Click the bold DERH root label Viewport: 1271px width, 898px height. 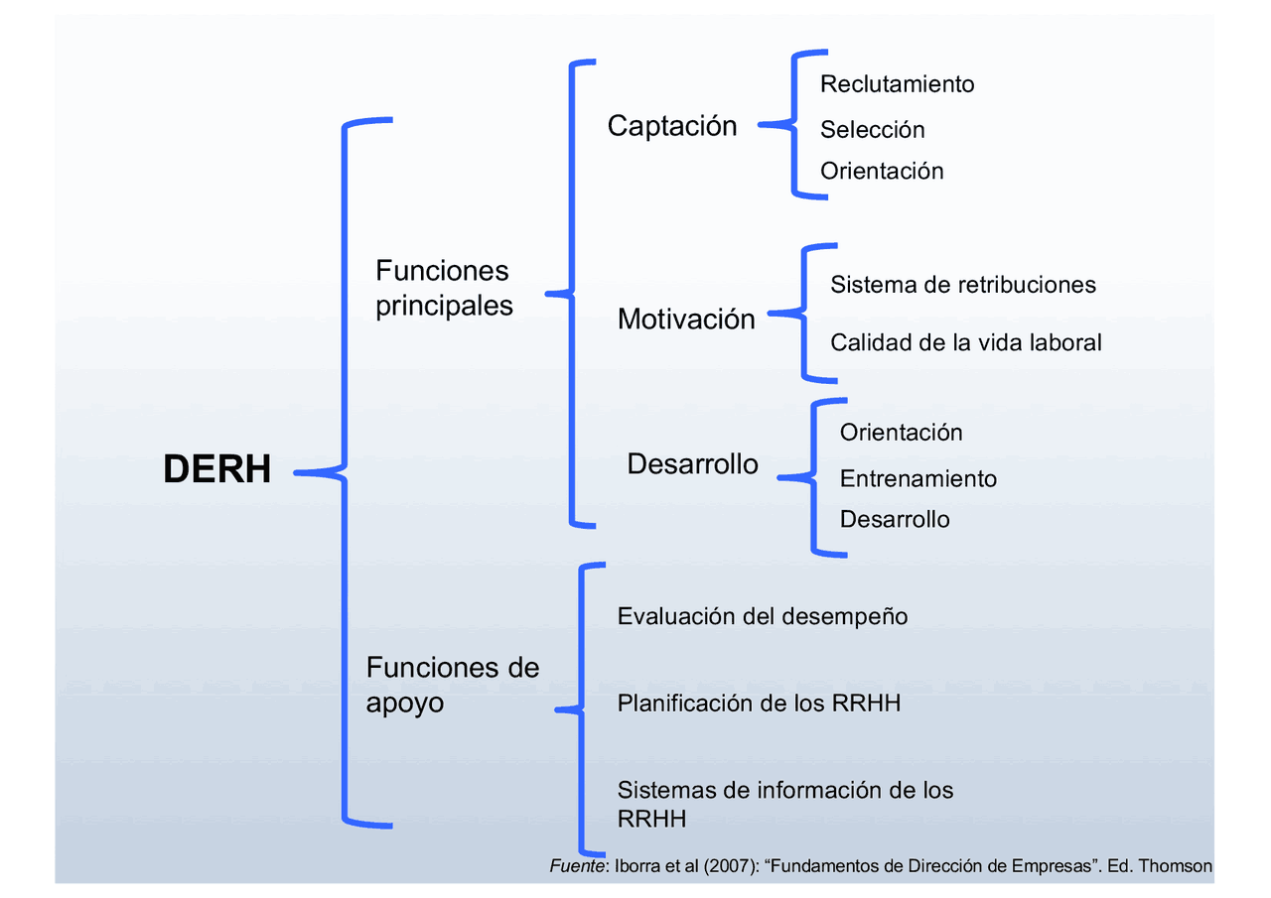click(216, 469)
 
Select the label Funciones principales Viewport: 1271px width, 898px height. click(444, 288)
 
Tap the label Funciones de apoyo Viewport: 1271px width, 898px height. click(452, 685)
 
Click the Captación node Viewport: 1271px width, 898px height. click(672, 126)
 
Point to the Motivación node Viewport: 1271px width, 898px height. click(686, 319)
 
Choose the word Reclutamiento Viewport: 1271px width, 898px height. click(897, 84)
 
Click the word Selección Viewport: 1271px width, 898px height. click(872, 129)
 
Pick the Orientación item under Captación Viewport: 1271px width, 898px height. click(881, 171)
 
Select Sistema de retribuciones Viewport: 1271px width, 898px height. click(962, 285)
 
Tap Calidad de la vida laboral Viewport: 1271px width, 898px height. click(965, 342)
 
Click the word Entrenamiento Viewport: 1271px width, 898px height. click(918, 478)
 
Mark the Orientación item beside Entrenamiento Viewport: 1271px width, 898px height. click(901, 433)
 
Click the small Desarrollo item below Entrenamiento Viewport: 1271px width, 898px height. click(894, 519)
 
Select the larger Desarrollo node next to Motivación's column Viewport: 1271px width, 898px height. click(692, 463)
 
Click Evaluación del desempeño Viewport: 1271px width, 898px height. click(762, 616)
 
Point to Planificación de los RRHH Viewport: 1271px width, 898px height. click(759, 704)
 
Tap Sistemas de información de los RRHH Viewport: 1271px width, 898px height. click(784, 803)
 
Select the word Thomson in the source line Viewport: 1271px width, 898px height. click(1175, 866)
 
